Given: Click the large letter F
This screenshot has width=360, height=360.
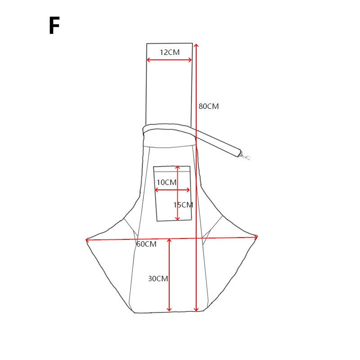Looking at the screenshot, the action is click(x=54, y=25).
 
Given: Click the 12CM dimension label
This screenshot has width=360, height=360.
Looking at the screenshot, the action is click(x=170, y=52).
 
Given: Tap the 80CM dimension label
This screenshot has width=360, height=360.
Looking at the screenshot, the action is click(x=209, y=106).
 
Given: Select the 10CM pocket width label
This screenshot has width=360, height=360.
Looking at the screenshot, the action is click(x=166, y=183).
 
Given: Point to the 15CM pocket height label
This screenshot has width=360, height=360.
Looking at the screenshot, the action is click(x=183, y=205).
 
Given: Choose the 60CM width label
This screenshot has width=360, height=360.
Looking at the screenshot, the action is click(x=147, y=244).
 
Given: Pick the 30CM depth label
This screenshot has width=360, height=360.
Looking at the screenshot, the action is click(x=158, y=279).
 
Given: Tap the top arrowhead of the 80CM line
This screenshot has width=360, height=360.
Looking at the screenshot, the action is click(x=196, y=46).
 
